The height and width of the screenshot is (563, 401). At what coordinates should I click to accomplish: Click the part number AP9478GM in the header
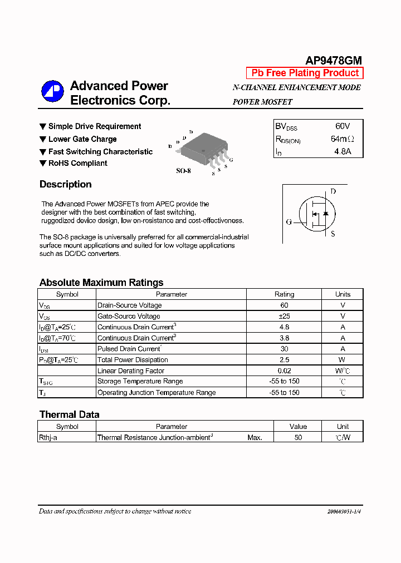[x=334, y=61]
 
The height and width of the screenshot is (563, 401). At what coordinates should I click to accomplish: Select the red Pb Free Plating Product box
[x=305, y=73]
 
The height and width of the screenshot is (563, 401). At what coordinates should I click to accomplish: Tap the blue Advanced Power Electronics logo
[x=53, y=91]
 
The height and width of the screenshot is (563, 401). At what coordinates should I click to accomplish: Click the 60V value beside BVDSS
[x=343, y=126]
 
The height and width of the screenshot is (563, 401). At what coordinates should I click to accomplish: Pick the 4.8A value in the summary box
[x=343, y=151]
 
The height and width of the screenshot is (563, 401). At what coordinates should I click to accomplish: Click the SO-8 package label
[x=183, y=171]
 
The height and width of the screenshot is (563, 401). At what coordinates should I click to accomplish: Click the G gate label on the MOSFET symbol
[x=289, y=222]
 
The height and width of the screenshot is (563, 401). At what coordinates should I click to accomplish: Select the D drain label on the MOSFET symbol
[x=333, y=191]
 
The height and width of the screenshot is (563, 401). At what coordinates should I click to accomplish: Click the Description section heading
[x=66, y=184]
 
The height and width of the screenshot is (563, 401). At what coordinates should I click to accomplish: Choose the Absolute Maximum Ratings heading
[x=101, y=282]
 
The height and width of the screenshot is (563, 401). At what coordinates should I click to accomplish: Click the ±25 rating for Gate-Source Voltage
[x=284, y=316]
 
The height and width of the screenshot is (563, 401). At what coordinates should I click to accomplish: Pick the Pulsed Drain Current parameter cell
[x=129, y=349]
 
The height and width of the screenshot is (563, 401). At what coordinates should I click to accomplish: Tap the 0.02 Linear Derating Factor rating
[x=284, y=371]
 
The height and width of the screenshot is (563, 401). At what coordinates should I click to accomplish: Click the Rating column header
[x=284, y=294]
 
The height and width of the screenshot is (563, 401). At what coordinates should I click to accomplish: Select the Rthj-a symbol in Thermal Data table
[x=48, y=438]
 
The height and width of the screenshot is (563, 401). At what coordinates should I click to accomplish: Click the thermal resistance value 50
[x=298, y=438]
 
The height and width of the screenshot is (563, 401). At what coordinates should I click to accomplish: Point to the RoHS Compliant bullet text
[x=77, y=163]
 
